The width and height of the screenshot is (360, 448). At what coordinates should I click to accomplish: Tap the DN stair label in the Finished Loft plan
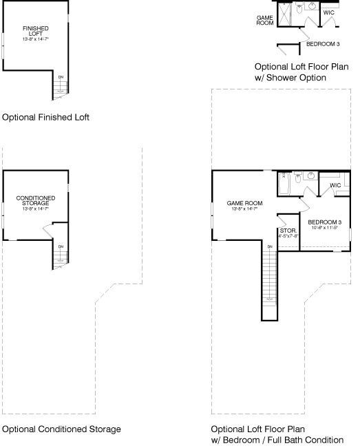[x=61, y=77]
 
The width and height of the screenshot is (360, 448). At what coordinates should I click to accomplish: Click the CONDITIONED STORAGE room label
[x=36, y=202]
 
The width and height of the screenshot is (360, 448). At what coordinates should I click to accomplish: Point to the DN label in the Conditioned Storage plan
[x=61, y=246]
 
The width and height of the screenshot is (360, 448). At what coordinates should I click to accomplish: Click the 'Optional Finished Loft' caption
[x=45, y=118]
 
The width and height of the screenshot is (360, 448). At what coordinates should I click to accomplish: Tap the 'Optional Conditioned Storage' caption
[x=61, y=429]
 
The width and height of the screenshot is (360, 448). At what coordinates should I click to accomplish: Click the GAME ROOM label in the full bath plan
[x=245, y=204]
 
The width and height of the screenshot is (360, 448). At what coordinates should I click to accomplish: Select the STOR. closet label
[x=286, y=232]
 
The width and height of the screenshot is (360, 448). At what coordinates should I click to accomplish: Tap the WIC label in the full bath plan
[x=335, y=185]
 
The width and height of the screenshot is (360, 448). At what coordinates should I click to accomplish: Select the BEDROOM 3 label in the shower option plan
[x=323, y=44]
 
